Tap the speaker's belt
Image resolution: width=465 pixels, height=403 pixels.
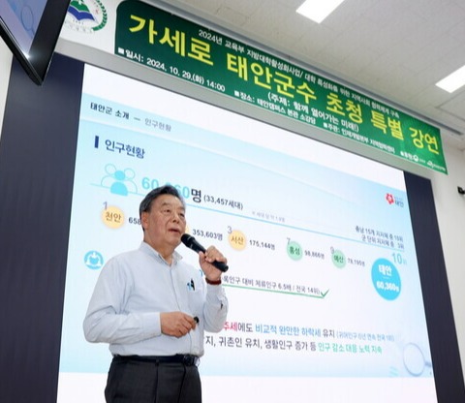coord(155,359)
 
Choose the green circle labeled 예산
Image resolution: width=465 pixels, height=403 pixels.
coord(337,259)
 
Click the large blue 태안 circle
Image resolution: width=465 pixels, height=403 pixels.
coord(386,278)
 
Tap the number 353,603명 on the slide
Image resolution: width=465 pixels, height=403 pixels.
coord(206,233)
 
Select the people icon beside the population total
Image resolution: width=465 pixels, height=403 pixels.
coord(119,180)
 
